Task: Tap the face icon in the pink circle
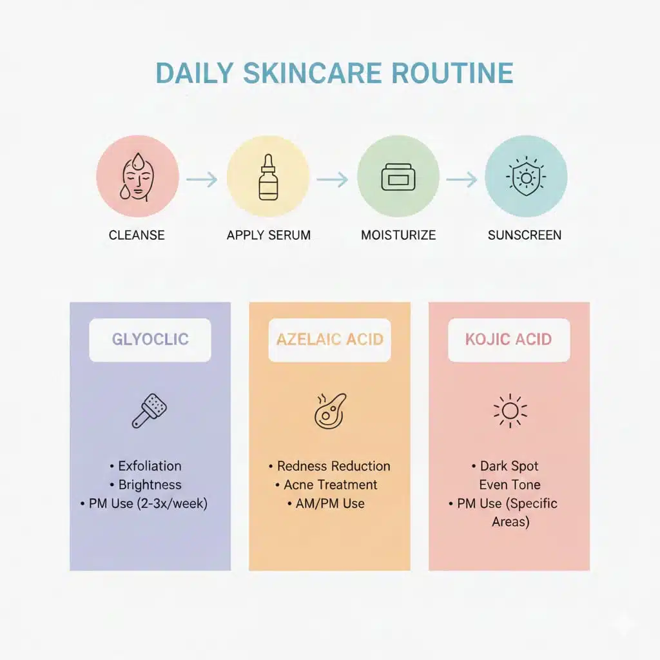[x=137, y=177]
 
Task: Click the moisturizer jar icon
[x=398, y=177]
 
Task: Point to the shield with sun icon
[x=525, y=176]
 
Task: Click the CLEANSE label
[x=137, y=235]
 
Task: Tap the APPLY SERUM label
[x=268, y=235]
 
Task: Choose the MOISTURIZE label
[x=398, y=235]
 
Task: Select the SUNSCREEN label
[x=525, y=235]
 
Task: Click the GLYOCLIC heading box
[x=150, y=340]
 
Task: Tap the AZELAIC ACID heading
[x=329, y=340]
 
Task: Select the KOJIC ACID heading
[x=509, y=340]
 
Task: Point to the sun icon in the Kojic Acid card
[x=510, y=411]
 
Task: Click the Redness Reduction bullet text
[x=333, y=466]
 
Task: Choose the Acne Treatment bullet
[x=331, y=485]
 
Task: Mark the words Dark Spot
[x=509, y=466]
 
